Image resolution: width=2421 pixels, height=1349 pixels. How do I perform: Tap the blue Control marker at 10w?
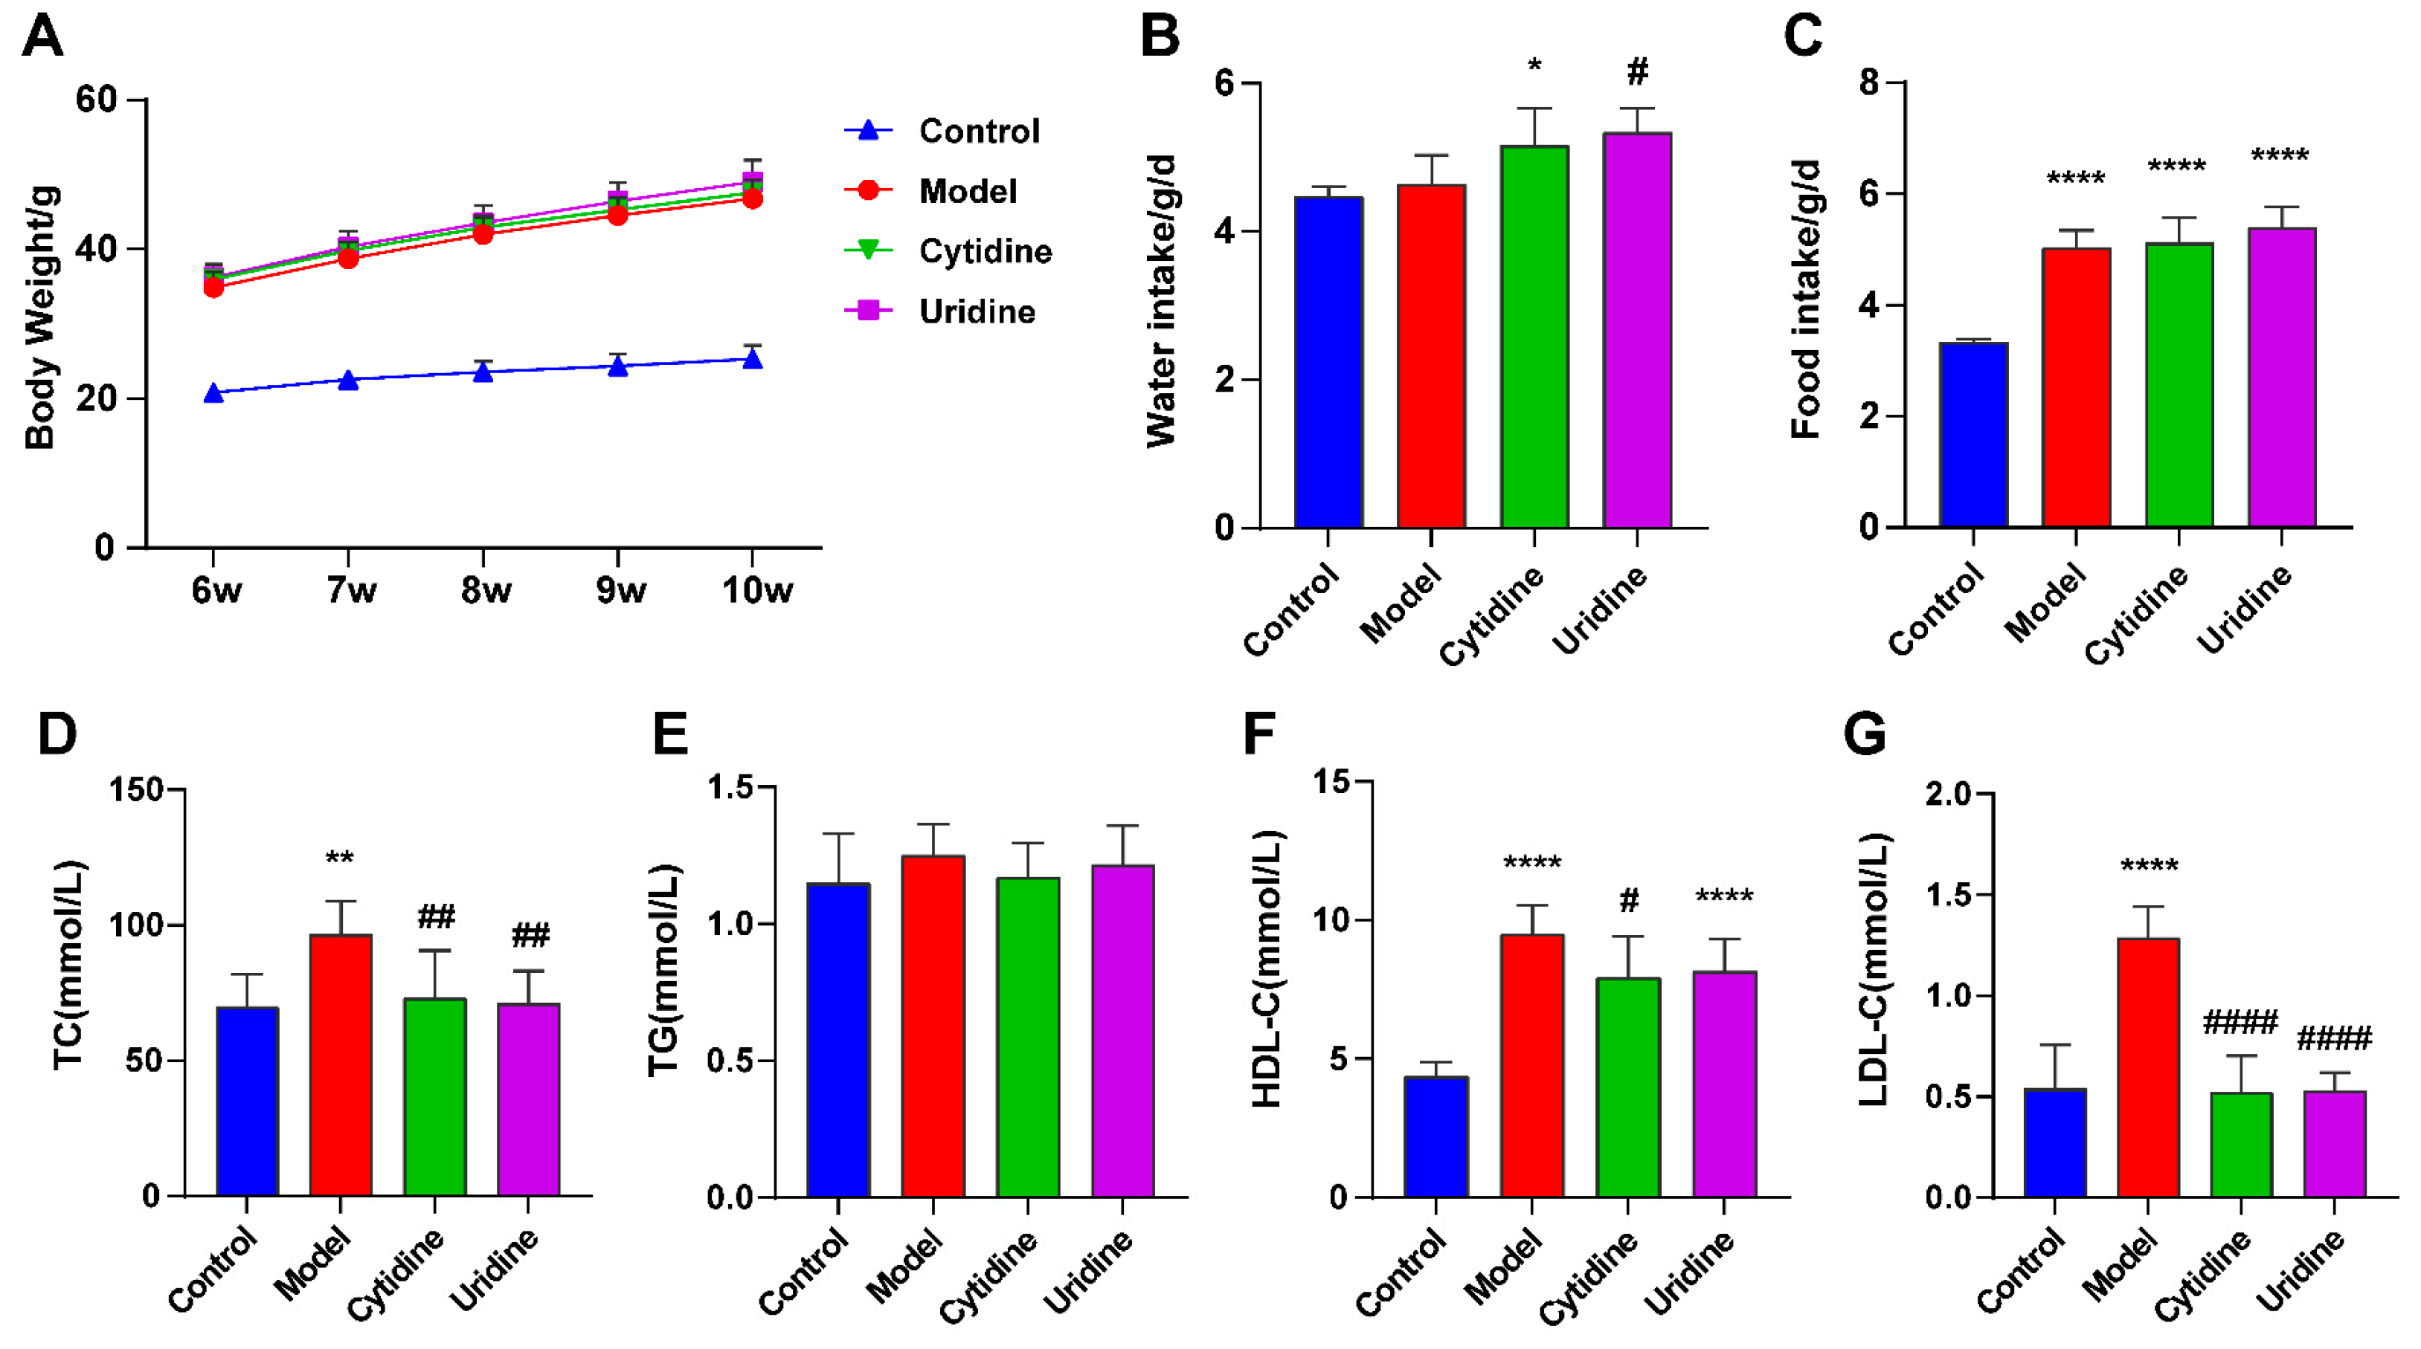(x=752, y=359)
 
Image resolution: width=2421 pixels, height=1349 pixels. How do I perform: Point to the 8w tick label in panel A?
(x=485, y=591)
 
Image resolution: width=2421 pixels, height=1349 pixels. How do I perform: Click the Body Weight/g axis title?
(x=40, y=317)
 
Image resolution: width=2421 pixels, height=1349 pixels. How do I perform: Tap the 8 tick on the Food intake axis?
(x=1868, y=83)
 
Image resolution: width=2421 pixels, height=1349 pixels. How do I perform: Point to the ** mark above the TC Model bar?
(x=339, y=858)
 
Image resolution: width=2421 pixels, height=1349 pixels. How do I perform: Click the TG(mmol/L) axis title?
(x=663, y=971)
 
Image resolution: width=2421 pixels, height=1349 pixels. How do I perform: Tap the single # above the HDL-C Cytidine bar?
(x=1629, y=901)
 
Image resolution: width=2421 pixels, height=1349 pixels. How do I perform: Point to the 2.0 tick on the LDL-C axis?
(x=1947, y=795)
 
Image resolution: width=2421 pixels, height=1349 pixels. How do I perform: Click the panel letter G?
(x=1864, y=734)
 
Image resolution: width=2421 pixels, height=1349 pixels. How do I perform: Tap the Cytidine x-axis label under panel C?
(x=2136, y=616)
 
